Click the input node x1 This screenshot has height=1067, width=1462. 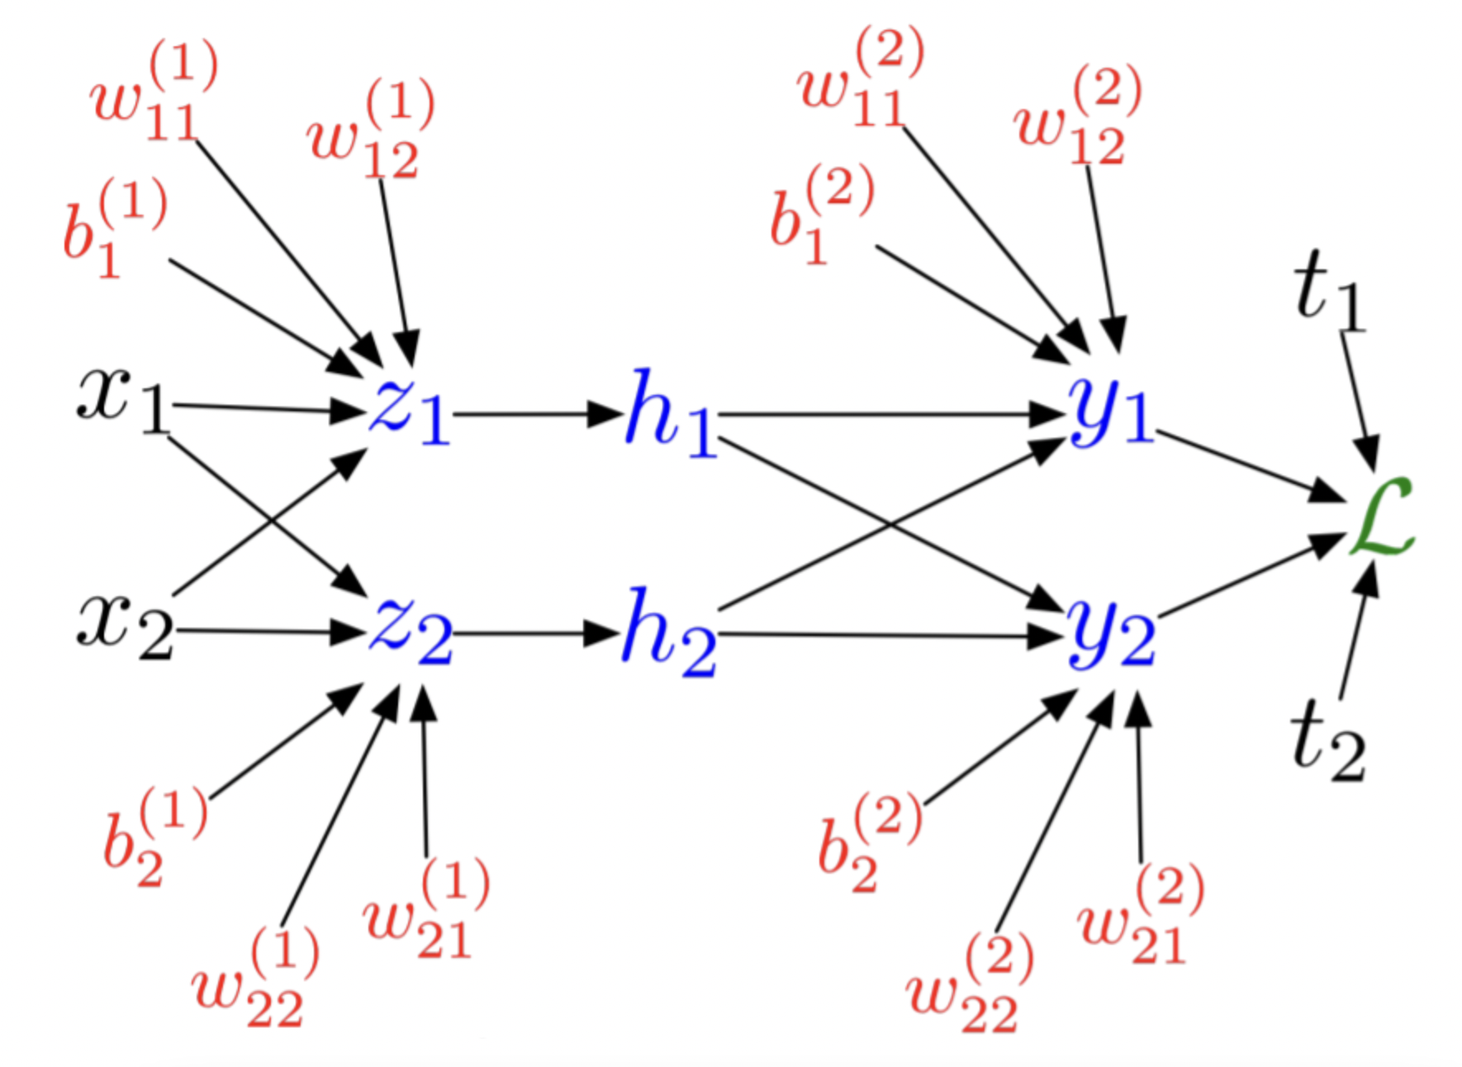(x=122, y=401)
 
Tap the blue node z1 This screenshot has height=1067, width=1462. (x=409, y=410)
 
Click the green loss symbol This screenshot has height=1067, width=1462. (x=1381, y=519)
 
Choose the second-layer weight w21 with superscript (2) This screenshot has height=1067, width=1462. (x=1140, y=917)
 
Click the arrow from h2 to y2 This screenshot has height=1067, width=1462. (x=888, y=635)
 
